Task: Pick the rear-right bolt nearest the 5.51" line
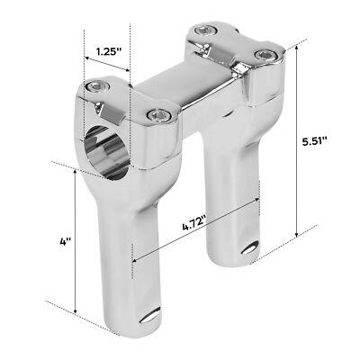(264, 57)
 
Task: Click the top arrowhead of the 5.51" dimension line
(298, 48)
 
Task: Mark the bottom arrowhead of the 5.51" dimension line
(298, 236)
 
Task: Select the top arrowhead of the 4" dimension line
(75, 170)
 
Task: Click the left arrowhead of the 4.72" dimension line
(135, 260)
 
